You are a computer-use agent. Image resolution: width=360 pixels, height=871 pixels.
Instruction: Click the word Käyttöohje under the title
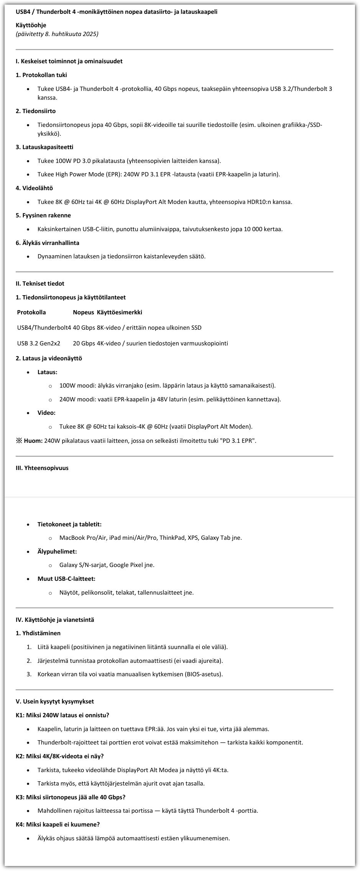pyautogui.click(x=31, y=25)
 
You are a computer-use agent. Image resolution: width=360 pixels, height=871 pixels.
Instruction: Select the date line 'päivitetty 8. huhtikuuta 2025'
pyautogui.click(x=57, y=34)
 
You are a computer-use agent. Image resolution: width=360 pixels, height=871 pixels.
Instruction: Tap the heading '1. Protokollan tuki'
pyautogui.click(x=41, y=75)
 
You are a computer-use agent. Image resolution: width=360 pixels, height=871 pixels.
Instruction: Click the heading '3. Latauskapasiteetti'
pyautogui.click(x=44, y=147)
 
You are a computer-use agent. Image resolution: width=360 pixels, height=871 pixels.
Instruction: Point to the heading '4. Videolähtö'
pyautogui.click(x=35, y=188)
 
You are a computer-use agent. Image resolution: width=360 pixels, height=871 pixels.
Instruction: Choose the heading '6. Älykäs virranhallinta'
pyautogui.click(x=48, y=243)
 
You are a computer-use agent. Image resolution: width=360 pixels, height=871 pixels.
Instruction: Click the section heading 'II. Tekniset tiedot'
pyautogui.click(x=40, y=284)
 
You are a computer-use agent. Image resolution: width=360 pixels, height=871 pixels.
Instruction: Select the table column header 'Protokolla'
pyautogui.click(x=31, y=312)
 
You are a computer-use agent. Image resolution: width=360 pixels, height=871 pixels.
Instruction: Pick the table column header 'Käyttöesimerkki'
pyautogui.click(x=120, y=312)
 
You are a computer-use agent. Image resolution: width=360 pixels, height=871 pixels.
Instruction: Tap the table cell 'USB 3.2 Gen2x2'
pyautogui.click(x=39, y=343)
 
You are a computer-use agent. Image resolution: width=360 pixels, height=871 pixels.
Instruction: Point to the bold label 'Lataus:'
pyautogui.click(x=48, y=372)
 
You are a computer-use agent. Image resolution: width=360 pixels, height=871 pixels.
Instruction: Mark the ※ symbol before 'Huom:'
pyautogui.click(x=19, y=441)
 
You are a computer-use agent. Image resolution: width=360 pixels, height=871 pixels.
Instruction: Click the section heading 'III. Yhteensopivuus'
pyautogui.click(x=42, y=468)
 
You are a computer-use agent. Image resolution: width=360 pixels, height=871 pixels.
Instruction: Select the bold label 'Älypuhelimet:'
pyautogui.click(x=57, y=552)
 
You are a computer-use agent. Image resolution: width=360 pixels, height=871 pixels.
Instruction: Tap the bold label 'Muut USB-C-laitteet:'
pyautogui.click(x=66, y=579)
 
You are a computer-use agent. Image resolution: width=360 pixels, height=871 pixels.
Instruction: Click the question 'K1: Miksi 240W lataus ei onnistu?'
pyautogui.click(x=62, y=715)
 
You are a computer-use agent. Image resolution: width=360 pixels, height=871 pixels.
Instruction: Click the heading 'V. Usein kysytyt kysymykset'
pyautogui.click(x=55, y=702)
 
